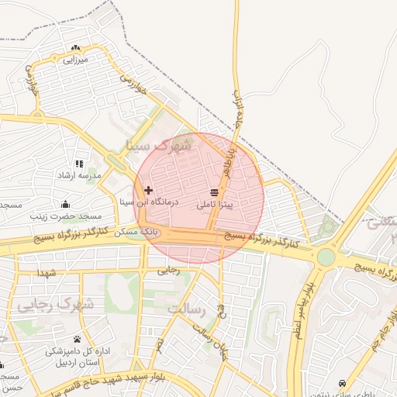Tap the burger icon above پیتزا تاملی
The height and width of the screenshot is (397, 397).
[214, 193]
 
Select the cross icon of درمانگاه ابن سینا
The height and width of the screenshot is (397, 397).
[148, 189]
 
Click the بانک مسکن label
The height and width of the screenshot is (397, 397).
[142, 232]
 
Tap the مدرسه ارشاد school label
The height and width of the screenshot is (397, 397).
[78, 175]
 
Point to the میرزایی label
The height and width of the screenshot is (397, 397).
[76, 59]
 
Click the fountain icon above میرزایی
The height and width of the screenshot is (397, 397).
[75, 48]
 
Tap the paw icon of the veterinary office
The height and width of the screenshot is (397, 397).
[77, 339]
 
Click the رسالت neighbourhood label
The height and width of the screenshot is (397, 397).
[186, 309]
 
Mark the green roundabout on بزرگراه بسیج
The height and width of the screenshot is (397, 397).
[326, 256]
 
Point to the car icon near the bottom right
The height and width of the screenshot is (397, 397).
[342, 383]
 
